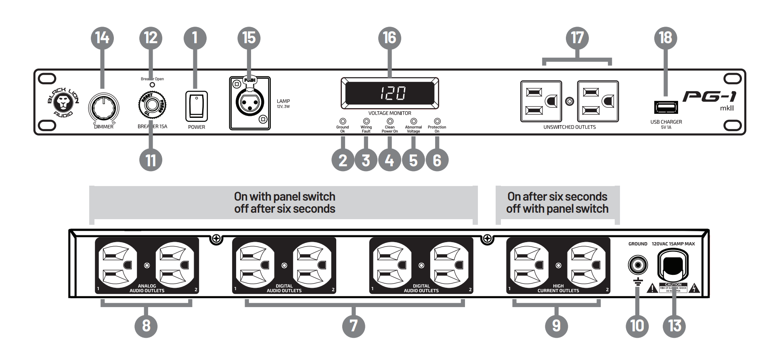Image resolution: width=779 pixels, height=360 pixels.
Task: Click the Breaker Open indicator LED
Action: click(152, 85)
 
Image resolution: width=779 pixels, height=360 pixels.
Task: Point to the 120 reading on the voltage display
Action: click(390, 93)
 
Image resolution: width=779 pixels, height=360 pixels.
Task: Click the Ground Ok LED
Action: click(343, 121)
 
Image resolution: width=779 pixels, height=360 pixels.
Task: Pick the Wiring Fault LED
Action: click(366, 121)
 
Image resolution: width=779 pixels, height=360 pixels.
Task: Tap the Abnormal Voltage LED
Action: click(413, 121)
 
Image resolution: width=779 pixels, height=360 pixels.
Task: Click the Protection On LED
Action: click(437, 121)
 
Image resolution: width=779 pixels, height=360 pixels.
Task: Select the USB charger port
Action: click(666, 107)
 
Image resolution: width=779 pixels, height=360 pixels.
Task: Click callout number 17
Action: click(577, 38)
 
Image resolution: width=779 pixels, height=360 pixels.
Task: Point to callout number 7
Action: click(353, 325)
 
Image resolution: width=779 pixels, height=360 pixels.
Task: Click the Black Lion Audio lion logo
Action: click(63, 103)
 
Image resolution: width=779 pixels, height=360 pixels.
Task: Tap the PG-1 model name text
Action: click(709, 97)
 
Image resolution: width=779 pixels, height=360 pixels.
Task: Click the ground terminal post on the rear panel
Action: click(638, 265)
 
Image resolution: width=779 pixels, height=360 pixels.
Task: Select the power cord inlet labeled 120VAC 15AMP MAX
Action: click(673, 266)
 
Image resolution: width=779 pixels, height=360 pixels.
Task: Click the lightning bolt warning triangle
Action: click(694, 288)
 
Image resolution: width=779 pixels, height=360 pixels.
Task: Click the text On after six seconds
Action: click(557, 197)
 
